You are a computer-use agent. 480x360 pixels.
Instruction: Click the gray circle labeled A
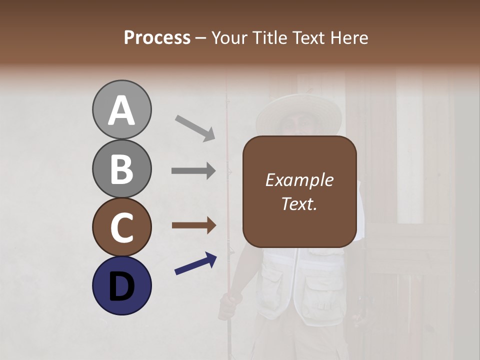tap(121, 109)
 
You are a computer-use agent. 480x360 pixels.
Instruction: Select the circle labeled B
tap(121, 168)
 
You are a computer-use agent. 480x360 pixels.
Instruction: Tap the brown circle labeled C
tap(121, 227)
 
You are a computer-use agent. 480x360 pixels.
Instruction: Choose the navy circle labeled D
tap(121, 285)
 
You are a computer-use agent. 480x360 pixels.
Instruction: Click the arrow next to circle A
tap(195, 127)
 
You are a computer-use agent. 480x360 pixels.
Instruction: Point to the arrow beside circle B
tap(193, 171)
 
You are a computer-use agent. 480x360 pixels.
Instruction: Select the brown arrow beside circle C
tap(193, 225)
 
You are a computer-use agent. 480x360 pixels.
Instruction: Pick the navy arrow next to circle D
tap(195, 263)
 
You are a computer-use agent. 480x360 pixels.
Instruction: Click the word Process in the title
tap(157, 38)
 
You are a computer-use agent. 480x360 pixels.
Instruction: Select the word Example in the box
tap(299, 180)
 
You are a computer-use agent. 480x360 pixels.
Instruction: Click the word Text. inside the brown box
tap(299, 203)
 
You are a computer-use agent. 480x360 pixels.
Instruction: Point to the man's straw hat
tap(298, 115)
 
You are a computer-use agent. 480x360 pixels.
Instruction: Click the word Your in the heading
tap(229, 38)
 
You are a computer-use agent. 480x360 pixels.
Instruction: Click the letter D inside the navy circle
tap(121, 286)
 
